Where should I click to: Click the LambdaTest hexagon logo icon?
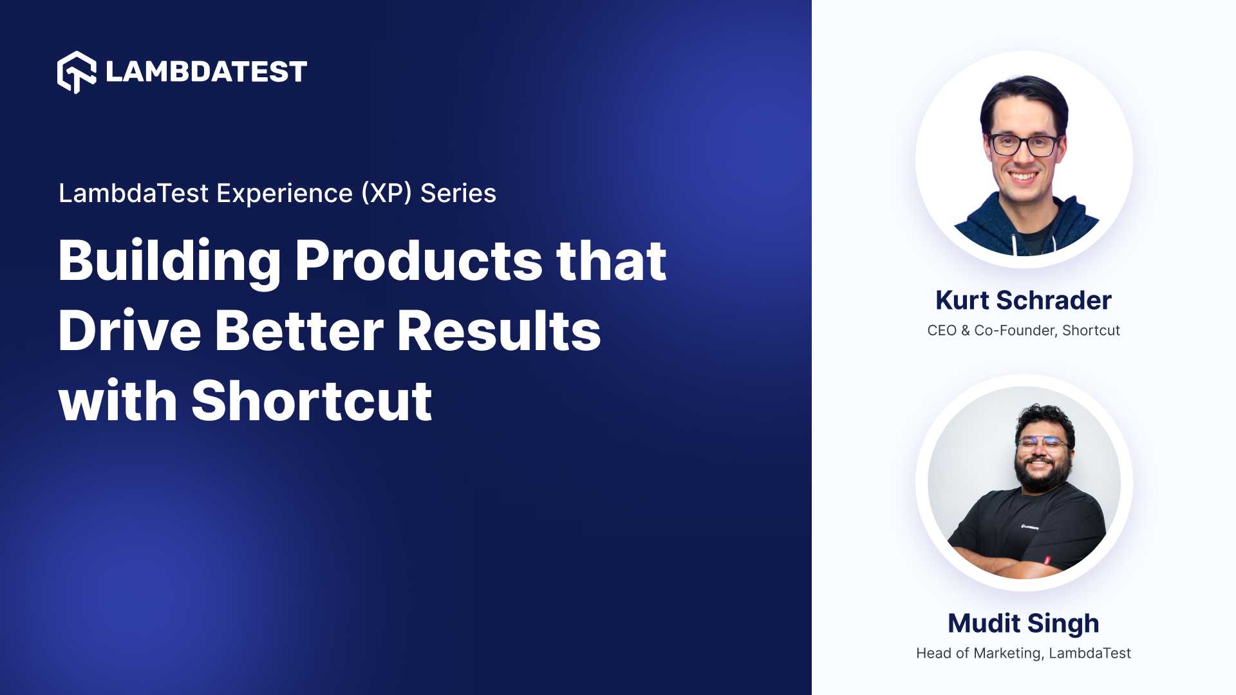(77, 72)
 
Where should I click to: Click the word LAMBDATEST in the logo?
(206, 72)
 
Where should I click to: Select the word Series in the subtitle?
(458, 193)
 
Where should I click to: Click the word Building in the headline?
(169, 261)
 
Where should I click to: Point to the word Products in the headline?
(418, 261)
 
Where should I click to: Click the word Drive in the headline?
(129, 331)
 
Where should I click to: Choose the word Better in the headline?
(299, 331)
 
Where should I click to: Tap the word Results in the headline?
(498, 331)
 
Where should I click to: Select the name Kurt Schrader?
(1023, 301)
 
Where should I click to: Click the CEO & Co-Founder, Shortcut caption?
(1023, 331)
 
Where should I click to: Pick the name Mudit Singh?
(1023, 624)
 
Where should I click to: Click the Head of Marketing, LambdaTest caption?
(1023, 653)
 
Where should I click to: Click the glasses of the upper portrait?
(1024, 145)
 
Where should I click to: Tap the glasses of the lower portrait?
(1042, 444)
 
